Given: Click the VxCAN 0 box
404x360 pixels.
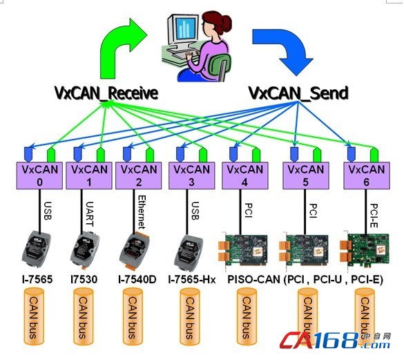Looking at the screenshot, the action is point(39,176).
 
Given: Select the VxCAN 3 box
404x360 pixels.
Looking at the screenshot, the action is point(192,176).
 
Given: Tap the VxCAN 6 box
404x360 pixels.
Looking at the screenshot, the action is point(367,176).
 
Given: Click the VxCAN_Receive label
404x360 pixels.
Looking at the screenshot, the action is point(106,93).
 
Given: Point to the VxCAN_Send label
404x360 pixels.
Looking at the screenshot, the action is point(298,93).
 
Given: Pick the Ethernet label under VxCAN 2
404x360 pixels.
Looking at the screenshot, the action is point(142,212).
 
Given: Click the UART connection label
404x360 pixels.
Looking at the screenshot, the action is point(89,214).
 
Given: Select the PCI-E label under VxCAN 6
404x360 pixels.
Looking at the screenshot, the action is point(374,216).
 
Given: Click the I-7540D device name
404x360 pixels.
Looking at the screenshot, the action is point(137,280).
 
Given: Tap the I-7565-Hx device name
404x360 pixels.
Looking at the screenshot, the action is point(192,280).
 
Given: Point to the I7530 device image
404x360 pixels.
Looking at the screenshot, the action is point(85,248).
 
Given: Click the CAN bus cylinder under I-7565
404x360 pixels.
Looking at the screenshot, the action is point(34,316).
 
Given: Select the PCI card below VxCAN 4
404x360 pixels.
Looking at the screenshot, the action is point(242,249).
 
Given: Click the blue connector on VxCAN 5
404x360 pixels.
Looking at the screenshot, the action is point(294,154).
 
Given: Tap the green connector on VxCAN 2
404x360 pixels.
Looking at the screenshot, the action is point(150,155).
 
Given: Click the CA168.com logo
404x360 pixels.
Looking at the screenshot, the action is point(336,341).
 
